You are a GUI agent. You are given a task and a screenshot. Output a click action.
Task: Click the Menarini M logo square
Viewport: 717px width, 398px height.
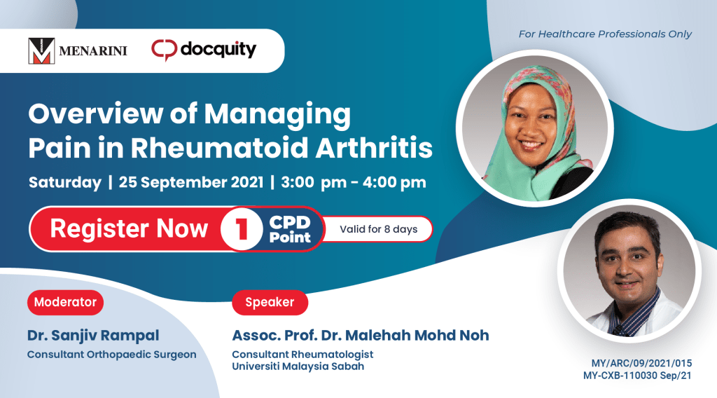[41, 50]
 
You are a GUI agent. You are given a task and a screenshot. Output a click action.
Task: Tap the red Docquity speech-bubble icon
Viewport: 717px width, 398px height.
[164, 50]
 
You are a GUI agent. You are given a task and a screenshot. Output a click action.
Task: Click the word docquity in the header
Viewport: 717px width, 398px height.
[218, 50]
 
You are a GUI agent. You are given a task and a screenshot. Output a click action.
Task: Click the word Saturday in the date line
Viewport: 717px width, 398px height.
[65, 182]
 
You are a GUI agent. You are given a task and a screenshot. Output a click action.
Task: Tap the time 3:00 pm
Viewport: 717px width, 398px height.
[314, 182]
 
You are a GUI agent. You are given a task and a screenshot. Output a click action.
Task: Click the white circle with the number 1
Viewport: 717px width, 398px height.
[242, 228]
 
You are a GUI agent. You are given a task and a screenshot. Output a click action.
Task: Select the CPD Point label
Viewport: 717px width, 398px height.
[290, 229]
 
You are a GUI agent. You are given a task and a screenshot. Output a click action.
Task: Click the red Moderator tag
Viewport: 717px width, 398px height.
[65, 303]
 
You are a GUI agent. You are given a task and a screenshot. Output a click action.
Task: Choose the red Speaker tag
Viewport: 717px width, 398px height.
[270, 303]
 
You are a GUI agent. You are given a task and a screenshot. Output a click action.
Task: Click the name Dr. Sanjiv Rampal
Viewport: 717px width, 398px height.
[93, 336]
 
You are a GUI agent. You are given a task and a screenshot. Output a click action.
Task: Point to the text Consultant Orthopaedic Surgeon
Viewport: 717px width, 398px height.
[111, 355]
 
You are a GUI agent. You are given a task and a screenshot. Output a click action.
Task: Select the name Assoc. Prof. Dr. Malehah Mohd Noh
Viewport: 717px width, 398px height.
[361, 336]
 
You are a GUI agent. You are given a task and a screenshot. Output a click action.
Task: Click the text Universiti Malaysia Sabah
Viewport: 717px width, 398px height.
[298, 366]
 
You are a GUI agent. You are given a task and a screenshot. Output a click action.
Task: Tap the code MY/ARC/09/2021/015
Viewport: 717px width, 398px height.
[641, 363]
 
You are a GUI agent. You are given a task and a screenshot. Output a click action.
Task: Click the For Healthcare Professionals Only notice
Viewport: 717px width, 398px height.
[605, 34]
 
